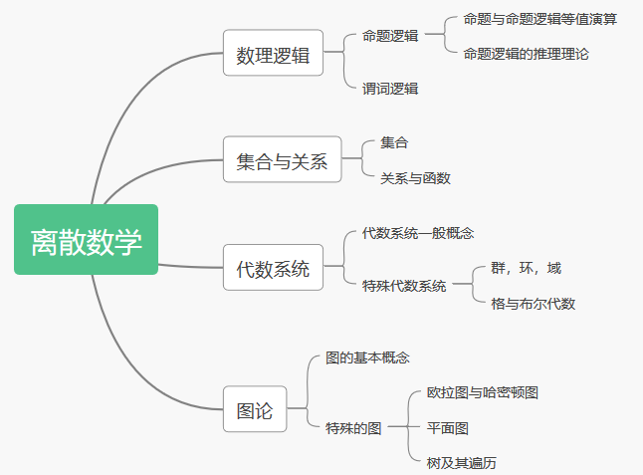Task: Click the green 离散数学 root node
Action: point(86,240)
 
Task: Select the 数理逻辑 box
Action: point(273,56)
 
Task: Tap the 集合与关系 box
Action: point(282,161)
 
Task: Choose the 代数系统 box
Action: point(273,268)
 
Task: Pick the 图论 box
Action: point(254,409)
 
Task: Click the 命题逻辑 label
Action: point(389,36)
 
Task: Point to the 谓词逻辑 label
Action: point(389,89)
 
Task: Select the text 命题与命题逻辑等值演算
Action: point(539,18)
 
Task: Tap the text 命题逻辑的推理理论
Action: point(526,54)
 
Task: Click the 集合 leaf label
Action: point(394,143)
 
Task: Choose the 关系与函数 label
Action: point(415,178)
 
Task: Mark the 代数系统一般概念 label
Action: point(417,233)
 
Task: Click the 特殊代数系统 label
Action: point(403,286)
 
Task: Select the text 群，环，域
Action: point(526,268)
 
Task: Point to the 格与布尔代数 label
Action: point(533,304)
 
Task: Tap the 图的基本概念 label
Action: point(367,357)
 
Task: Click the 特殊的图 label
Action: point(353,427)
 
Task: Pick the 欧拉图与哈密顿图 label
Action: point(482,392)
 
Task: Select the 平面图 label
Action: point(447,428)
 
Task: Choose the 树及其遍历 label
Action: point(461,463)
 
